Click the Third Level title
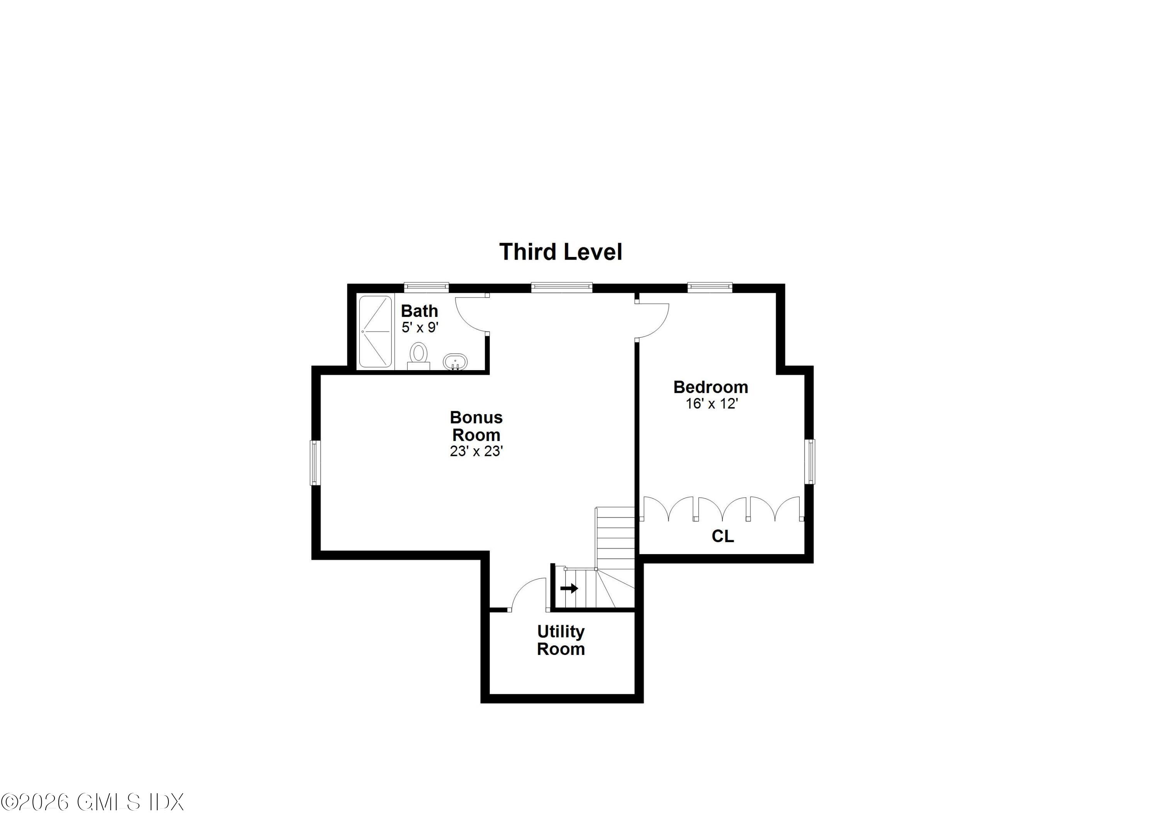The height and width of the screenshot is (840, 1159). point(561,252)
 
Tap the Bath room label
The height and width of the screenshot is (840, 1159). point(419,311)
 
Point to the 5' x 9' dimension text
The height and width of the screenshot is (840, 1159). point(420,328)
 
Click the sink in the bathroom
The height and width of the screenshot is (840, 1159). point(454,362)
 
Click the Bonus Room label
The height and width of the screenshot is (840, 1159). point(476,426)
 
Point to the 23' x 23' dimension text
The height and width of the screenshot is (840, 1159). point(476,451)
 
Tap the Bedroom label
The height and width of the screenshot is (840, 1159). point(710,387)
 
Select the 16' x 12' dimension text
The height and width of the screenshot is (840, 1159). point(711,404)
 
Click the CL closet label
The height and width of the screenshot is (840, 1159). point(722,536)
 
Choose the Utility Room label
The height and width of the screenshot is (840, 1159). point(561,640)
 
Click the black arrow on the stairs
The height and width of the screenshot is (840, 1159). point(569,588)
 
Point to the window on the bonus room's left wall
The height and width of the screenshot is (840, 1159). point(315,463)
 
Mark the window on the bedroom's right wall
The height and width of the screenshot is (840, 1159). point(811,461)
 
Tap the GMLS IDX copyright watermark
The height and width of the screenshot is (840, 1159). point(92,802)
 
